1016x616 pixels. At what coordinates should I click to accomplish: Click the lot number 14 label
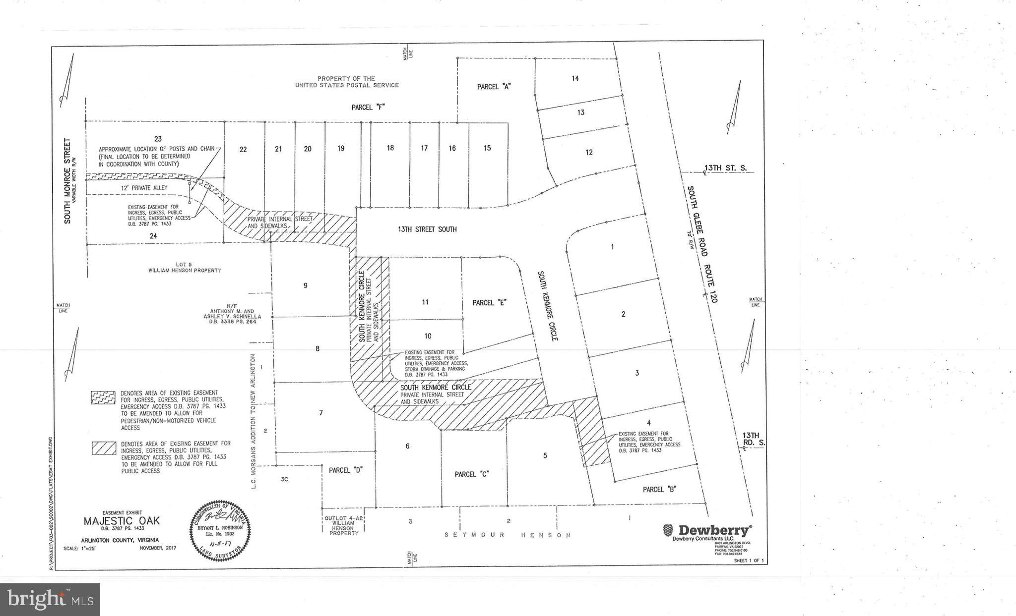click(575, 78)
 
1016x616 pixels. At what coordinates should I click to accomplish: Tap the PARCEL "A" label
click(494, 87)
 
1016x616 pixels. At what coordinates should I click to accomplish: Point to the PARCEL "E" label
click(489, 302)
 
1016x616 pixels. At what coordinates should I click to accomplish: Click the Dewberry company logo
click(707, 531)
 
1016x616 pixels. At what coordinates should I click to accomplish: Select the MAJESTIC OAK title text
click(122, 521)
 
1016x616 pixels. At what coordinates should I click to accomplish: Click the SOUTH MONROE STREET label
click(67, 181)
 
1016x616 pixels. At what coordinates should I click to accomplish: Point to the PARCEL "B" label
click(660, 489)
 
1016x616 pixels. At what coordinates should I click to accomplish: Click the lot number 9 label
click(306, 285)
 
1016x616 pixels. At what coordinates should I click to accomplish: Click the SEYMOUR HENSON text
click(507, 535)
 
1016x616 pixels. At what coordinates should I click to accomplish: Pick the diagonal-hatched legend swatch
click(104, 448)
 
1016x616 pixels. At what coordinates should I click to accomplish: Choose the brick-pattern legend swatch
click(104, 397)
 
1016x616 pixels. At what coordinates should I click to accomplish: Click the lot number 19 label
click(341, 148)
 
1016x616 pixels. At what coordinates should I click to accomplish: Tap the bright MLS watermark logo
click(50, 600)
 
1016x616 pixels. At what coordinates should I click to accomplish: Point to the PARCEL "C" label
click(472, 474)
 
